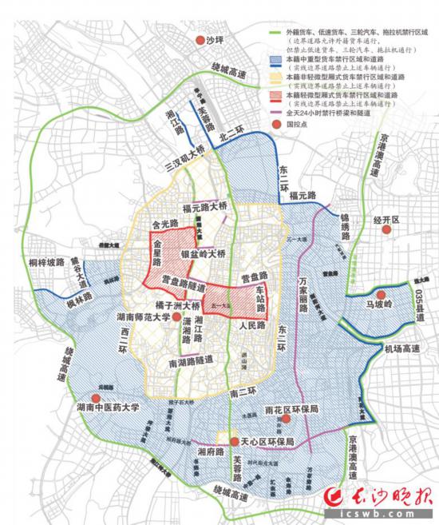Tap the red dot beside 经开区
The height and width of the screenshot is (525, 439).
click(x=387, y=230)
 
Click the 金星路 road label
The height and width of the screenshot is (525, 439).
click(x=158, y=249)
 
